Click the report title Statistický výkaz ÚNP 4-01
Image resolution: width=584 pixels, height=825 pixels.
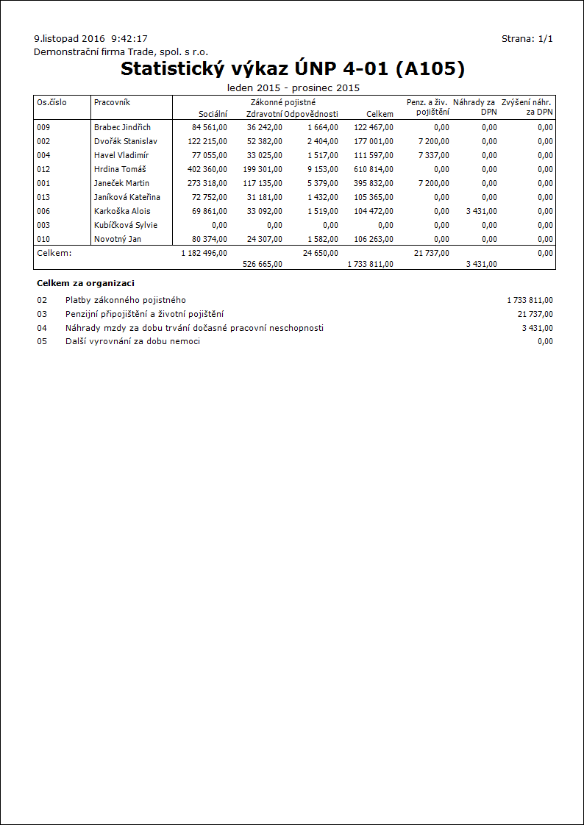click(293, 69)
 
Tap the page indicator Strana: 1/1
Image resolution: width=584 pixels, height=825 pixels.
click(527, 38)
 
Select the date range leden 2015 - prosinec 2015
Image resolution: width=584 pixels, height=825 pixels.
click(293, 88)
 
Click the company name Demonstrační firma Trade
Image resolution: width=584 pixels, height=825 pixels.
click(121, 52)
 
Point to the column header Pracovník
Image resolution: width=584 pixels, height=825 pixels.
click(112, 102)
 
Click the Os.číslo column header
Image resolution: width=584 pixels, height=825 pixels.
click(51, 102)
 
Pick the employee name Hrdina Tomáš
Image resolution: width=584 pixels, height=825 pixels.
click(120, 169)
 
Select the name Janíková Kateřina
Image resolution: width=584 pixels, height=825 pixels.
click(127, 197)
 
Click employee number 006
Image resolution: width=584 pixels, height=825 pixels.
click(43, 211)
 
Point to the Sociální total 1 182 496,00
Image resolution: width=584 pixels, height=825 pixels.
click(204, 253)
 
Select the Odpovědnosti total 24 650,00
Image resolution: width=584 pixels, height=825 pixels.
click(321, 253)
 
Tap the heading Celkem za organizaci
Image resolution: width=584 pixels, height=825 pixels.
click(85, 283)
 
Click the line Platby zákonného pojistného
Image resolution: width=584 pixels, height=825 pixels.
click(125, 300)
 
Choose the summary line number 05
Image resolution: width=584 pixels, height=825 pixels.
click(42, 341)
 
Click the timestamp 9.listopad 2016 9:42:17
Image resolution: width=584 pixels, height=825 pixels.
click(91, 38)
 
